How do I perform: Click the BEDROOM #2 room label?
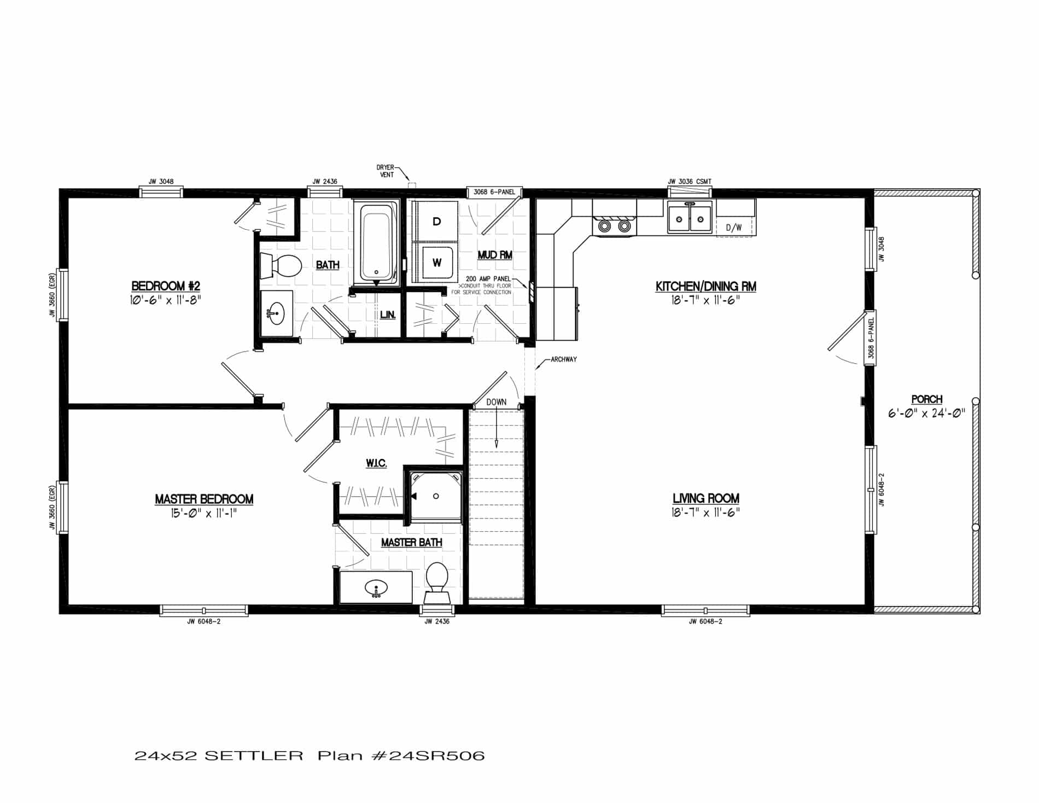(166, 286)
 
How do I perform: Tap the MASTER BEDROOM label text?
(203, 499)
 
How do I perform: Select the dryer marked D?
(436, 221)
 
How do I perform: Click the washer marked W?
(436, 263)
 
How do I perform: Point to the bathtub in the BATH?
(376, 243)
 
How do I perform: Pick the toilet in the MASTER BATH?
(436, 578)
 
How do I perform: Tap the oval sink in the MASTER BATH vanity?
(376, 589)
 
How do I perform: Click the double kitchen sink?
(690, 219)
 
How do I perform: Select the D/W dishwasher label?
(733, 228)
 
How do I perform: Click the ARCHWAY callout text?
(563, 359)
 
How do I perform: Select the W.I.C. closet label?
(376, 463)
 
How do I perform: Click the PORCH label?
(926, 399)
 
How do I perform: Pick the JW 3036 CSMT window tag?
(689, 182)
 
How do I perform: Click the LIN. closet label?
(388, 316)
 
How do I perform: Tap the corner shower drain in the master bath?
(436, 496)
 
